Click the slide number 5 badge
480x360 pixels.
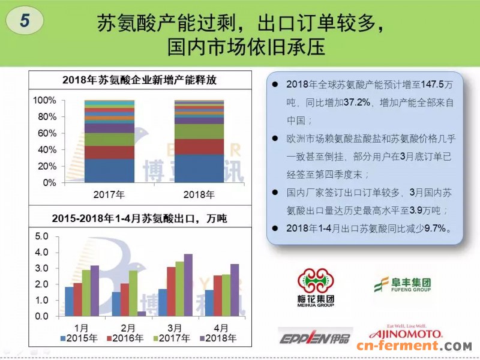(x=25, y=20)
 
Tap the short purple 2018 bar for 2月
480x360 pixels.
(x=142, y=313)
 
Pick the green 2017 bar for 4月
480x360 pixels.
(x=226, y=295)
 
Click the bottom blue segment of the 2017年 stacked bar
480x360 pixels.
(x=109, y=170)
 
